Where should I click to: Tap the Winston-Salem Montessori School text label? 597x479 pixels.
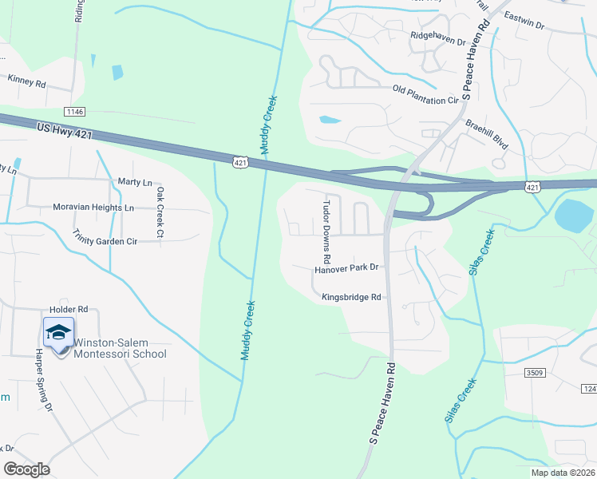[120, 349]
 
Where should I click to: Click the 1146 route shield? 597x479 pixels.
[76, 113]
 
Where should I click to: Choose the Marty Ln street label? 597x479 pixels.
[134, 182]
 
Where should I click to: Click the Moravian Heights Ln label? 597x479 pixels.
[93, 207]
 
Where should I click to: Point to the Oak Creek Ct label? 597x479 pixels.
[160, 212]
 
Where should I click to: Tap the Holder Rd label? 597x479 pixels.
[68, 309]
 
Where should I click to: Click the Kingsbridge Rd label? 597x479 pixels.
[351, 297]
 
